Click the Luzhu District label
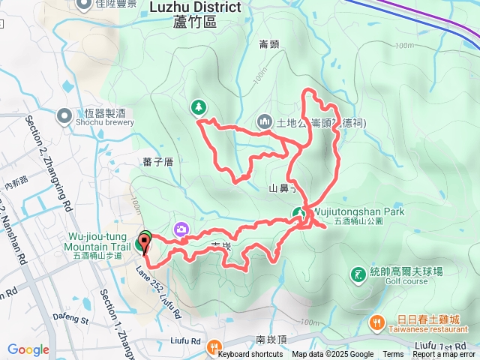pyautogui.click(x=196, y=7)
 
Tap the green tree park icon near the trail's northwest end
pyautogui.click(x=199, y=108)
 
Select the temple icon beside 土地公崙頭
pyautogui.click(x=264, y=121)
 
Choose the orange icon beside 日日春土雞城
pyautogui.click(x=375, y=321)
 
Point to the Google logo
pyautogui.click(x=28, y=349)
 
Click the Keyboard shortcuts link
pyautogui.click(x=250, y=355)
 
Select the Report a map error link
pyautogui.click(x=444, y=355)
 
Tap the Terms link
pyautogui.click(x=393, y=355)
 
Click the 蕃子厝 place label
pyautogui.click(x=157, y=161)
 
